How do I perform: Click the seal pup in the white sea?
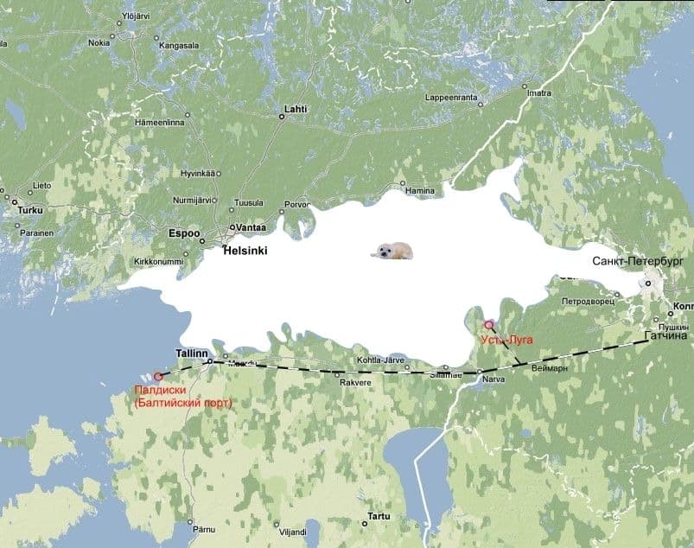(x=392, y=251)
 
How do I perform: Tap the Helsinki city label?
(x=245, y=251)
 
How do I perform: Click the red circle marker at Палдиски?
(x=158, y=377)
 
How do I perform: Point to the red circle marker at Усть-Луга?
(x=488, y=325)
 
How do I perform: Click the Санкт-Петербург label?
(x=638, y=260)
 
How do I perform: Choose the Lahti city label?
(x=295, y=110)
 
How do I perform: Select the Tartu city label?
(x=379, y=516)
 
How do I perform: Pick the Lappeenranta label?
(x=452, y=99)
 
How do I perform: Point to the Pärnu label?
(x=204, y=527)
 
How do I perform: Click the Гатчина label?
(x=666, y=335)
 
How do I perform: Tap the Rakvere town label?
(x=355, y=382)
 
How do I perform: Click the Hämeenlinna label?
(x=160, y=123)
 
